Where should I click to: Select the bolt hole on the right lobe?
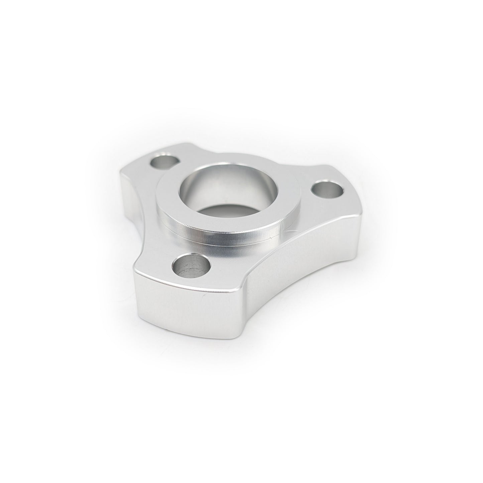[327, 191]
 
